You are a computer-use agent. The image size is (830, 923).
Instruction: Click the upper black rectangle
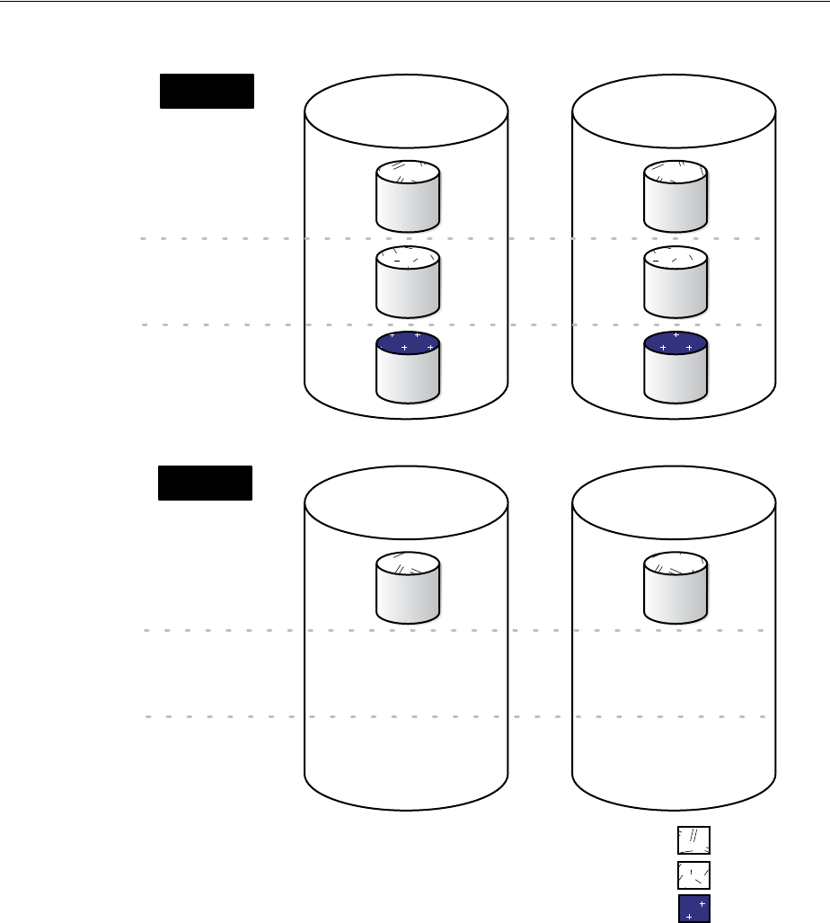pyautogui.click(x=207, y=92)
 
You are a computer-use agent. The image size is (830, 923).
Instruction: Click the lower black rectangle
pyautogui.click(x=205, y=483)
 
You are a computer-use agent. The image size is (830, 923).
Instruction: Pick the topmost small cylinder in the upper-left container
pyautogui.click(x=408, y=196)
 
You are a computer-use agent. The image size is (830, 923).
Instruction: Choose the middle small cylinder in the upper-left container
pyautogui.click(x=408, y=280)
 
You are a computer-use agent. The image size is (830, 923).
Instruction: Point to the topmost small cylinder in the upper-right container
pyautogui.click(x=675, y=196)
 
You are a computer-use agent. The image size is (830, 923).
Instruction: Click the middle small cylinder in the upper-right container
pyautogui.click(x=675, y=280)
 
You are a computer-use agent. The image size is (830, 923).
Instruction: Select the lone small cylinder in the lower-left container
pyautogui.click(x=408, y=588)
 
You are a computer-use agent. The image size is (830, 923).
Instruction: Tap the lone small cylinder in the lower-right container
pyautogui.click(x=675, y=588)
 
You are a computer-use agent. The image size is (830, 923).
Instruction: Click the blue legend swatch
pyautogui.click(x=693, y=908)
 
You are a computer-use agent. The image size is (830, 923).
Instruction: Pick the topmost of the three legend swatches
pyautogui.click(x=693, y=840)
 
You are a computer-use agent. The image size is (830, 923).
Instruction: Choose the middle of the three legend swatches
pyautogui.click(x=693, y=874)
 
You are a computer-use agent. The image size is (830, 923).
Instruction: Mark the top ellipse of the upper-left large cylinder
pyautogui.click(x=406, y=113)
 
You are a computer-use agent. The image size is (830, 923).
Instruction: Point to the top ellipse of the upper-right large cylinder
pyautogui.click(x=674, y=113)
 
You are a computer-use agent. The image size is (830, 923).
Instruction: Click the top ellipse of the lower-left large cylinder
pyautogui.click(x=406, y=503)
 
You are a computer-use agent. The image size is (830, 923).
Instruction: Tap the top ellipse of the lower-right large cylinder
pyautogui.click(x=674, y=503)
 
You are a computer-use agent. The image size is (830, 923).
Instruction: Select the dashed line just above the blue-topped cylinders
pyautogui.click(x=225, y=325)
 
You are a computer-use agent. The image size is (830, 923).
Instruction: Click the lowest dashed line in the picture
pyautogui.click(x=225, y=717)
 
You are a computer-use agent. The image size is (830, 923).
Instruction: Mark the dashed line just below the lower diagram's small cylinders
pyautogui.click(x=225, y=631)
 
